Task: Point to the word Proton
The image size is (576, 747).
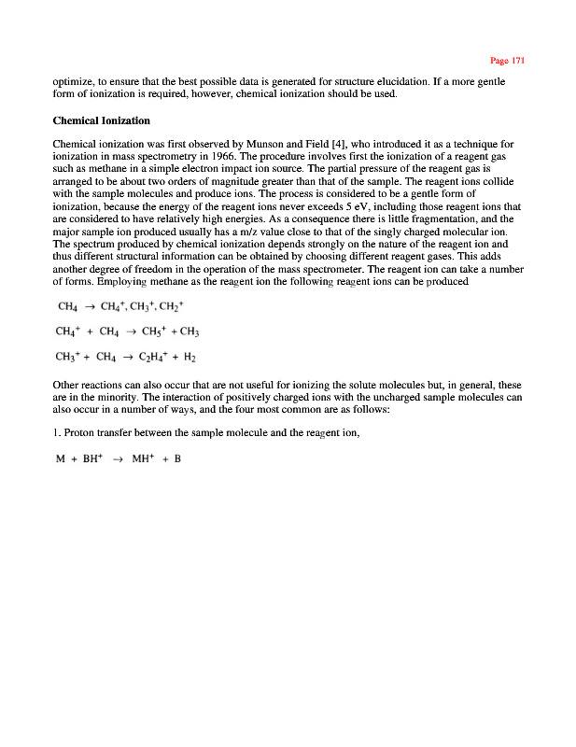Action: (80, 433)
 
